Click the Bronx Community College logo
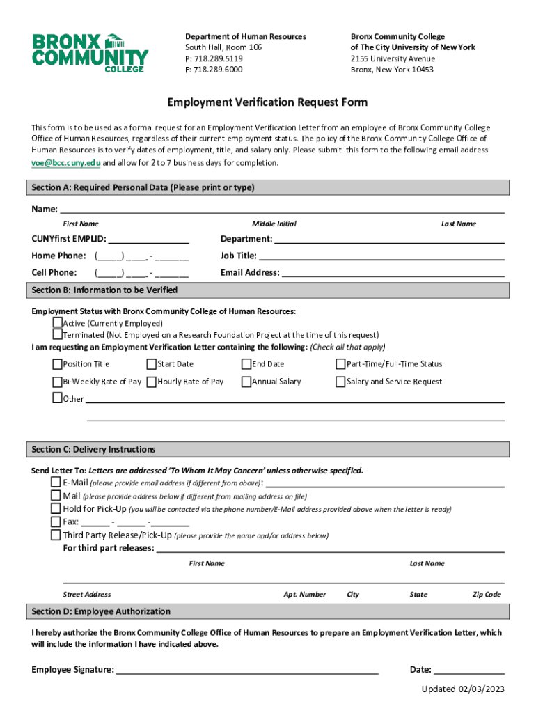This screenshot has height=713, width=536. click(90, 52)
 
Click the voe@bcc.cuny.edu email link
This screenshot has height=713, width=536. click(65, 163)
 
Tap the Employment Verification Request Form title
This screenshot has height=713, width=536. click(267, 103)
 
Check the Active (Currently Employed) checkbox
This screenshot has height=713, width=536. click(58, 323)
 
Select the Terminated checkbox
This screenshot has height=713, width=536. click(58, 334)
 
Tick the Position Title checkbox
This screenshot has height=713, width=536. click(58, 363)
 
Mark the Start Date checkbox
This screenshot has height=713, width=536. click(152, 363)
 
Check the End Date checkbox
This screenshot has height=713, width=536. click(246, 363)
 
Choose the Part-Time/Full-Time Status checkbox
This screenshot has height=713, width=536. click(340, 363)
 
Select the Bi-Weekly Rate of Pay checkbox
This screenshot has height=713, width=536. click(58, 382)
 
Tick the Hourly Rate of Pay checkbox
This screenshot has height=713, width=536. click(152, 382)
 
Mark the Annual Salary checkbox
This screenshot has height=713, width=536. click(246, 382)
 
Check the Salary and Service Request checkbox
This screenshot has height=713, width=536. click(340, 382)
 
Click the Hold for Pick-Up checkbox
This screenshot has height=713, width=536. click(56, 508)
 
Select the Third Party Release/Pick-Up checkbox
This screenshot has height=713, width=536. click(56, 535)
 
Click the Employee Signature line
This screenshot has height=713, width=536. click(247, 670)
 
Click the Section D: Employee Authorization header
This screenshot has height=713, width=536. click(101, 611)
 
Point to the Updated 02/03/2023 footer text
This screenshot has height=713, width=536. click(462, 689)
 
